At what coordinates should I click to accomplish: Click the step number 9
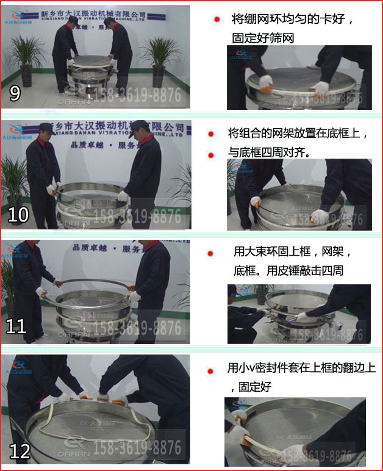[15, 93]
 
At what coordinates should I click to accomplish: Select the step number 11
[16, 326]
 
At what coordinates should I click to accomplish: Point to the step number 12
[20, 451]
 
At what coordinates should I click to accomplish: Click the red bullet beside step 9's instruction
[217, 20]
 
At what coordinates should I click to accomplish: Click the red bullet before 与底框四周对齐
[211, 155]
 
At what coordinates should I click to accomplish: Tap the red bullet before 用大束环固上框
[211, 253]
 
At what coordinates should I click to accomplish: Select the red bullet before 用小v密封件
[211, 370]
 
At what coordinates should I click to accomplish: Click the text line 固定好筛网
[263, 37]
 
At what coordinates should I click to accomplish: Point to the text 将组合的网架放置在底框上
[296, 133]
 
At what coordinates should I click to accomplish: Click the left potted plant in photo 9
[26, 58]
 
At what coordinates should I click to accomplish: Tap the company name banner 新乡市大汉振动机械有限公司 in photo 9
[93, 13]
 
